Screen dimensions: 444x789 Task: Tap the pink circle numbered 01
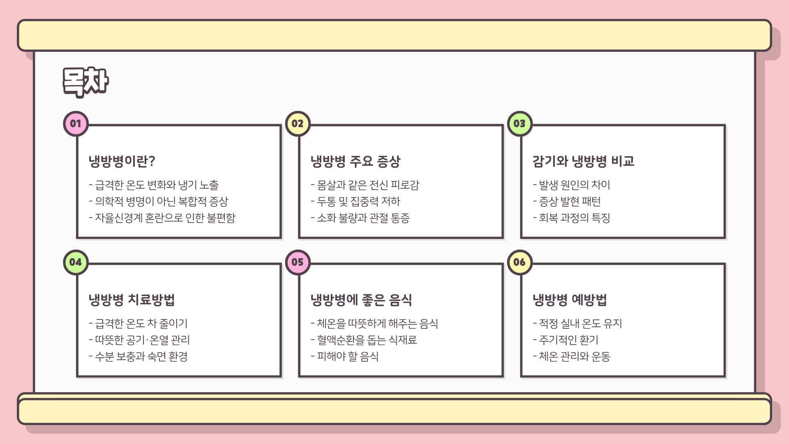point(76,124)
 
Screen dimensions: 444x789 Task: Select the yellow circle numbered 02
point(298,124)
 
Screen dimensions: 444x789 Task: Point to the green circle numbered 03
point(519,124)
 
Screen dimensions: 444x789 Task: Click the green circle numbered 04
point(76,262)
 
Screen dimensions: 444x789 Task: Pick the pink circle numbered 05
point(298,262)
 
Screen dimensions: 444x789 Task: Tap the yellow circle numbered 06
point(519,262)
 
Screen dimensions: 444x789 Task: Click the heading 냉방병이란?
point(122,161)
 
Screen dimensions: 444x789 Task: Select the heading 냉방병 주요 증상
point(355,161)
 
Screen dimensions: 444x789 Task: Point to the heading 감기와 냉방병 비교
point(583,161)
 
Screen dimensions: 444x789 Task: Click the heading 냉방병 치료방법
point(131,300)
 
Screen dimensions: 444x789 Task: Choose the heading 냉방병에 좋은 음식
point(361,300)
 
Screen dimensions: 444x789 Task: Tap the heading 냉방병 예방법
point(570,300)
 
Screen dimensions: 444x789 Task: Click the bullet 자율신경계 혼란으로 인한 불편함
point(162,218)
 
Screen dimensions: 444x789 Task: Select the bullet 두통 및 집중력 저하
point(356,201)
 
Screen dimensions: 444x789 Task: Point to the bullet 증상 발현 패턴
point(567,201)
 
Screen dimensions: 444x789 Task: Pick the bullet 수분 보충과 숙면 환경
point(138,356)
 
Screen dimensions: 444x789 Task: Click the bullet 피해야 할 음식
point(345,356)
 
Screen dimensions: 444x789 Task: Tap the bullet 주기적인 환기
point(566,340)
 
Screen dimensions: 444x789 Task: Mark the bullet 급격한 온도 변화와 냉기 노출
point(154,185)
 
